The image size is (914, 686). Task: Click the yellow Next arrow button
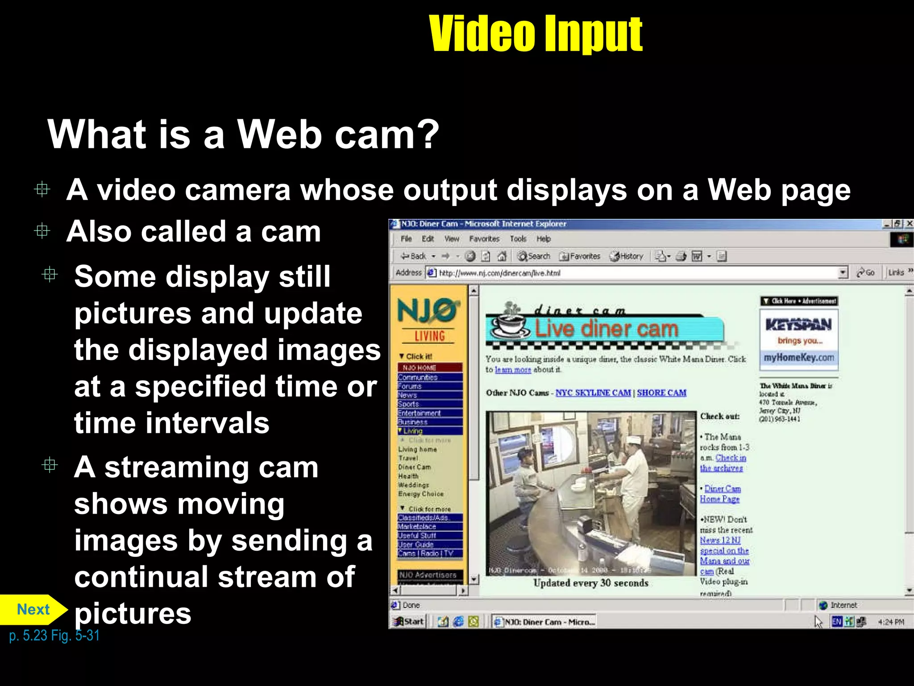pos(33,609)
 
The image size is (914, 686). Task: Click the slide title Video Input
pos(535,33)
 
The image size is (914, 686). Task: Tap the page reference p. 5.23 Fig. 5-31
pos(54,635)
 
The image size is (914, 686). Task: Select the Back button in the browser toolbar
pos(414,256)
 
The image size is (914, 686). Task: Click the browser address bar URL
pos(500,273)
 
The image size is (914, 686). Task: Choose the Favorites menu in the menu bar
pos(484,239)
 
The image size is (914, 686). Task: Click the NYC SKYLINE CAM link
pos(593,393)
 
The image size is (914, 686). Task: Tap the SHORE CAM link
pos(661,393)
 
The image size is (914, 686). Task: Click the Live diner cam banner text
pos(607,329)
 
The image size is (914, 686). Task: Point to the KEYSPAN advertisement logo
pos(798,325)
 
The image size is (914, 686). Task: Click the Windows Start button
pos(408,621)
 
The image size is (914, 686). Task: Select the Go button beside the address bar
pos(866,272)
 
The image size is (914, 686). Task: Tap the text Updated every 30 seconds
pos(590,583)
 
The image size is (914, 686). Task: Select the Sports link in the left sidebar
pos(408,404)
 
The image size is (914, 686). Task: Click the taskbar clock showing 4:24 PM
pos(891,622)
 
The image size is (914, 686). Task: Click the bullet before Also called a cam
pos(42,231)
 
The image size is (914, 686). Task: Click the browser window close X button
pos(909,224)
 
